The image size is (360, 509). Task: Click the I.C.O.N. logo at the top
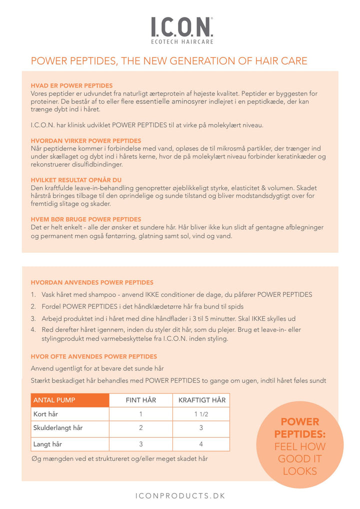182,26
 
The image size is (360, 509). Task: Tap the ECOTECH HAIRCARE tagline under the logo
182,42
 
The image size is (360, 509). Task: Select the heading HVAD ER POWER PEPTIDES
71,85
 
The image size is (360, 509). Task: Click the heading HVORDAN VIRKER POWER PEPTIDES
86,140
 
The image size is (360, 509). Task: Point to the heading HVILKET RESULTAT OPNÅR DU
76,180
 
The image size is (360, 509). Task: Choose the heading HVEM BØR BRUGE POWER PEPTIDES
85,219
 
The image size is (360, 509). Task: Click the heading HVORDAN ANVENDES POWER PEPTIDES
92,282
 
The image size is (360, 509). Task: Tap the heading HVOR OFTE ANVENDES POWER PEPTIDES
93,356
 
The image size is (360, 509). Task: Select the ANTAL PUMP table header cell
54,400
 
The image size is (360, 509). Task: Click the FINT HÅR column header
140,400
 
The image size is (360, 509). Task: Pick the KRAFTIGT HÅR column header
201,400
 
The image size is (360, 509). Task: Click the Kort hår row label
45,414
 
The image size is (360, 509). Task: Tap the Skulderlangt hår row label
57,428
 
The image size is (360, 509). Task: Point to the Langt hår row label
47,444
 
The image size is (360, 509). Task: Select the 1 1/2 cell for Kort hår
201,414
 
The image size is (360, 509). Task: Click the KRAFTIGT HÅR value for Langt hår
201,444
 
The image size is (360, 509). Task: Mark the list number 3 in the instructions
33,318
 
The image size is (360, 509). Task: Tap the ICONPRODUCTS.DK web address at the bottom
180,495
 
